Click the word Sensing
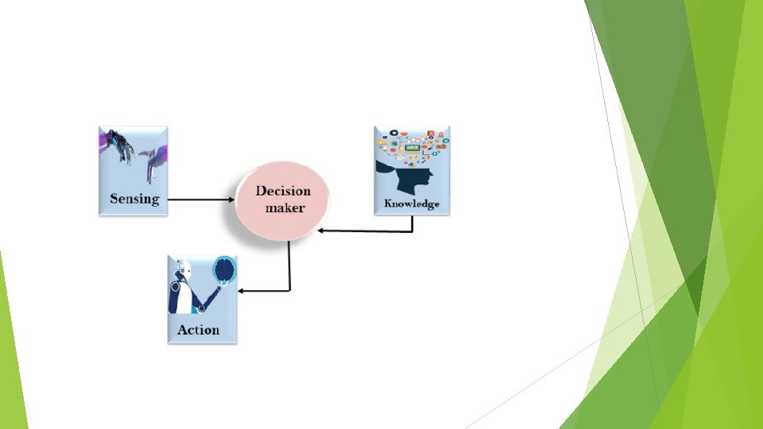[x=134, y=199]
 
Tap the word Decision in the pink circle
[x=283, y=191]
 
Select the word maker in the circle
[x=285, y=207]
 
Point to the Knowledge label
[x=412, y=203]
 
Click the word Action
[x=198, y=330]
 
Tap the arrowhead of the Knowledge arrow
[x=320, y=230]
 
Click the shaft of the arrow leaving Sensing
[x=199, y=199]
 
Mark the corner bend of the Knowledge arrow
[x=412, y=230]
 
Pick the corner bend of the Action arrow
[x=289, y=290]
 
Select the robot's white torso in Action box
[x=181, y=298]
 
